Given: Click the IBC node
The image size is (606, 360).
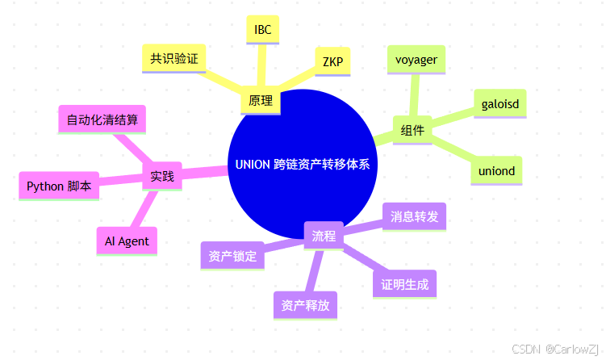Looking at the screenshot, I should tap(262, 30).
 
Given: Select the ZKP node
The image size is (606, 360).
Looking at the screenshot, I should tap(332, 61).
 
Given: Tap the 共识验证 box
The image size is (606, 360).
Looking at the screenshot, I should tap(173, 58).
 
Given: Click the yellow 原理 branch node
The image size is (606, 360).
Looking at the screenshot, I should tap(261, 102).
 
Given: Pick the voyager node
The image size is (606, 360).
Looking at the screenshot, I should tap(416, 59).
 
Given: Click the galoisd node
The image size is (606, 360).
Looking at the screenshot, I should tap(499, 103).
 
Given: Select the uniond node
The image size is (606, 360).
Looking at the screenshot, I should tap(496, 171).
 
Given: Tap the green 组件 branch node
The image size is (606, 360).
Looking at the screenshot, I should tap(412, 129).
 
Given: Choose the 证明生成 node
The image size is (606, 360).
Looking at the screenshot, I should tap(404, 283).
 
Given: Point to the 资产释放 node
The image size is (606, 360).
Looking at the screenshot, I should tap(305, 306).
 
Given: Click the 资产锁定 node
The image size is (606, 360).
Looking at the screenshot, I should tap(232, 256).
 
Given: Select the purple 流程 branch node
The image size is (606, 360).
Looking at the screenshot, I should tap(324, 236).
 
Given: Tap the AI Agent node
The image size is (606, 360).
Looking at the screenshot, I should tap(127, 241).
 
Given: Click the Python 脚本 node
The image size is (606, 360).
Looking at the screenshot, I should tap(59, 186).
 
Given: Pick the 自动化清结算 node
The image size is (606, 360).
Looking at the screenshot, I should tap(102, 120).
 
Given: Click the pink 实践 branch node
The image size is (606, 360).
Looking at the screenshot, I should tap(162, 175).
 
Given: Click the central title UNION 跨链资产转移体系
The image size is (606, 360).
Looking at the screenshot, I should tap(303, 165).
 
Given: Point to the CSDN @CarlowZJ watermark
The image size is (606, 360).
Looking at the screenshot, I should tap(558, 348).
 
